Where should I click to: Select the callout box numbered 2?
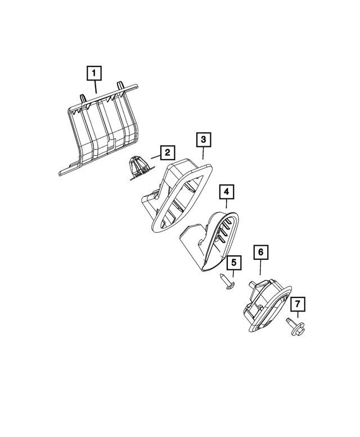pyautogui.click(x=167, y=152)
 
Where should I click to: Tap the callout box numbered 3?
pyautogui.click(x=203, y=139)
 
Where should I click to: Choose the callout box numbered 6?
pyautogui.click(x=260, y=253)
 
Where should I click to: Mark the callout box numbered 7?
pyautogui.click(x=298, y=305)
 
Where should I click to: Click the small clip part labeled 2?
pyautogui.click(x=137, y=168)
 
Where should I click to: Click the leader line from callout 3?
pyautogui.click(x=203, y=152)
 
